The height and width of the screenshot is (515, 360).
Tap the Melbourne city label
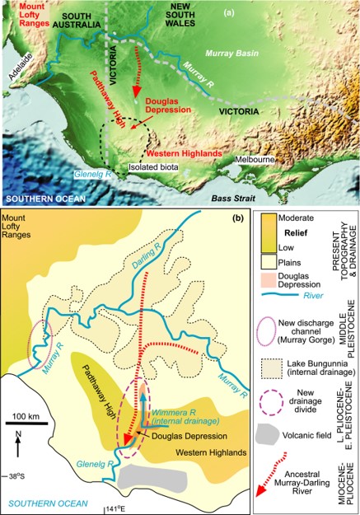[x=251, y=157]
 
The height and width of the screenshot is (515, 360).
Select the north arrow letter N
[x=16, y=435]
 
